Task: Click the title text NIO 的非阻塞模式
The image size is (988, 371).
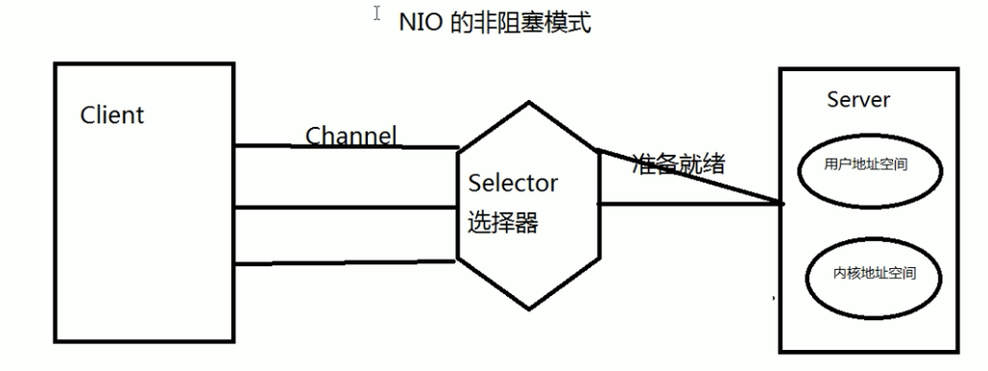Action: click(x=495, y=24)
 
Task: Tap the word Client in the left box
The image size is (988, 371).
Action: click(x=112, y=115)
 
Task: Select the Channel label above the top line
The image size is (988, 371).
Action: click(x=351, y=136)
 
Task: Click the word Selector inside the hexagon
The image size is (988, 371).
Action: click(x=513, y=184)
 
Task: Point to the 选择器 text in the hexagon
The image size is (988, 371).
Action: click(x=502, y=222)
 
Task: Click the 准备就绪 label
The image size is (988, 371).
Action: click(x=679, y=164)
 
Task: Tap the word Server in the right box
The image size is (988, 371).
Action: click(x=858, y=100)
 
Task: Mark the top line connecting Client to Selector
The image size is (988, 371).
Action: click(x=346, y=147)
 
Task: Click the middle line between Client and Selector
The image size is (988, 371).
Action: click(x=345, y=207)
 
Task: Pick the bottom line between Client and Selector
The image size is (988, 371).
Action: click(x=345, y=261)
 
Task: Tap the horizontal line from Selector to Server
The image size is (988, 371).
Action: click(x=690, y=204)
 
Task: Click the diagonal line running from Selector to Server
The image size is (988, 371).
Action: click(x=690, y=176)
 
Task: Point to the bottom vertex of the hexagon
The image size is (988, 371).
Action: click(x=529, y=309)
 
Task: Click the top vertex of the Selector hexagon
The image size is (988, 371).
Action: click(x=529, y=102)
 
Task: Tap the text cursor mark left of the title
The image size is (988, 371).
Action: click(x=376, y=13)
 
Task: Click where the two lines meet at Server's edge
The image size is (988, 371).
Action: click(x=782, y=203)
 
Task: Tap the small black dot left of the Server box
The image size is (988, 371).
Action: click(x=774, y=297)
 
